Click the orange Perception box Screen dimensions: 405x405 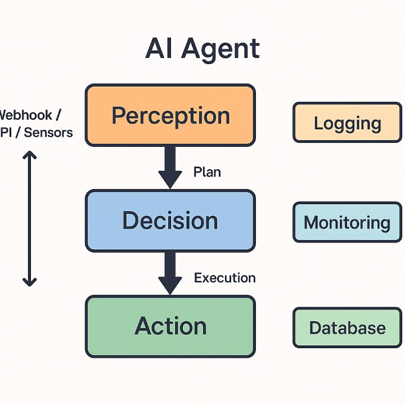coord(170,115)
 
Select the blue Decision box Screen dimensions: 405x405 coord(170,220)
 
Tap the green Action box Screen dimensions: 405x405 coord(170,326)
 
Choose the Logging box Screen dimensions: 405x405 coord(347,123)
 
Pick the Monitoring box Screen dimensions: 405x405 coord(347,222)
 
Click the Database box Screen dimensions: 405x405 coord(347,327)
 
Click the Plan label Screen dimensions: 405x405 coord(207,172)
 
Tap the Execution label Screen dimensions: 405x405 coord(224,277)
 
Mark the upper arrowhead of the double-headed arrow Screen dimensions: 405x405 coord(29,155)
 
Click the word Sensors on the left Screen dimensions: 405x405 coord(49,133)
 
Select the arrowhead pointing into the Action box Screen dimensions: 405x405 coord(170,286)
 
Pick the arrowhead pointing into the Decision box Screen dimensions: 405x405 coord(170,180)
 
